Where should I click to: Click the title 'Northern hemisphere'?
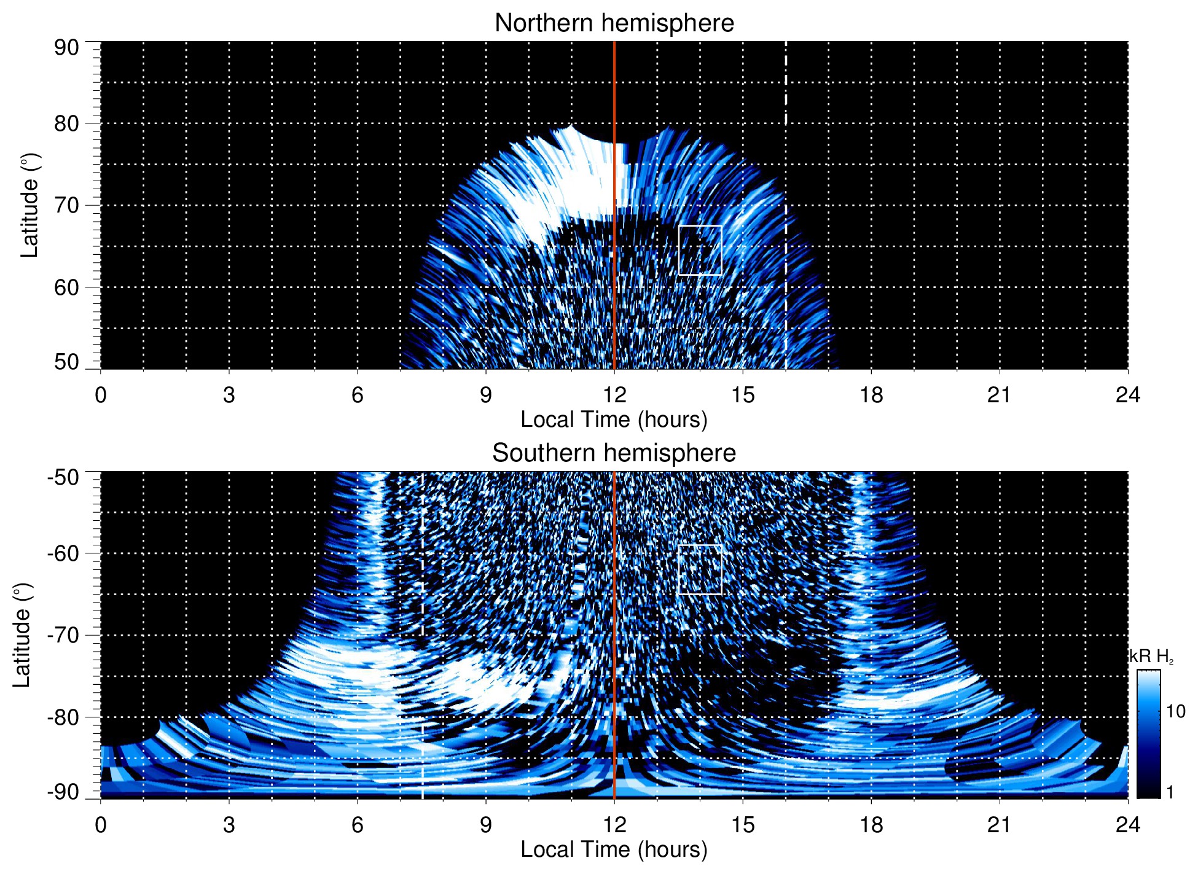pyautogui.click(x=614, y=23)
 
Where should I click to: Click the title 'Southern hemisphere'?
pyautogui.click(x=614, y=453)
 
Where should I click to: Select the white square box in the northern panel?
pyautogui.click(x=700, y=250)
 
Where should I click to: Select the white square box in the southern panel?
pyautogui.click(x=700, y=569)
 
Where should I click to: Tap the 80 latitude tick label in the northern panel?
pyautogui.click(x=66, y=123)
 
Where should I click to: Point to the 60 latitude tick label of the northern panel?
pyautogui.click(x=66, y=287)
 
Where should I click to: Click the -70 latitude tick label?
pyautogui.click(x=63, y=635)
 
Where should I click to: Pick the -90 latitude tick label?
pyautogui.click(x=63, y=792)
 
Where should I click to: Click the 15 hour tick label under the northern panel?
pyautogui.click(x=743, y=395)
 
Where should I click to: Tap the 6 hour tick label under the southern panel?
pyautogui.click(x=358, y=825)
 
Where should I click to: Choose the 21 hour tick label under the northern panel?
pyautogui.click(x=1000, y=395)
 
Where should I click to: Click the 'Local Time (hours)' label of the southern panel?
pyautogui.click(x=614, y=849)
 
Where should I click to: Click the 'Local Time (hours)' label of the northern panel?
pyautogui.click(x=614, y=419)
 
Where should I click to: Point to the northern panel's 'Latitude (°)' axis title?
pyautogui.click(x=29, y=205)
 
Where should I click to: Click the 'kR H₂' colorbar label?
pyautogui.click(x=1151, y=657)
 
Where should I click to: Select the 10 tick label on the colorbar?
pyautogui.click(x=1175, y=712)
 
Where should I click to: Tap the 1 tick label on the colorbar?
pyautogui.click(x=1170, y=792)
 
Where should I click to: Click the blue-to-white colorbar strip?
pyautogui.click(x=1148, y=734)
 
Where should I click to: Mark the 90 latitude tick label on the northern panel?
pyautogui.click(x=66, y=48)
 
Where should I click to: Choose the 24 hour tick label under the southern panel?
pyautogui.click(x=1127, y=825)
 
